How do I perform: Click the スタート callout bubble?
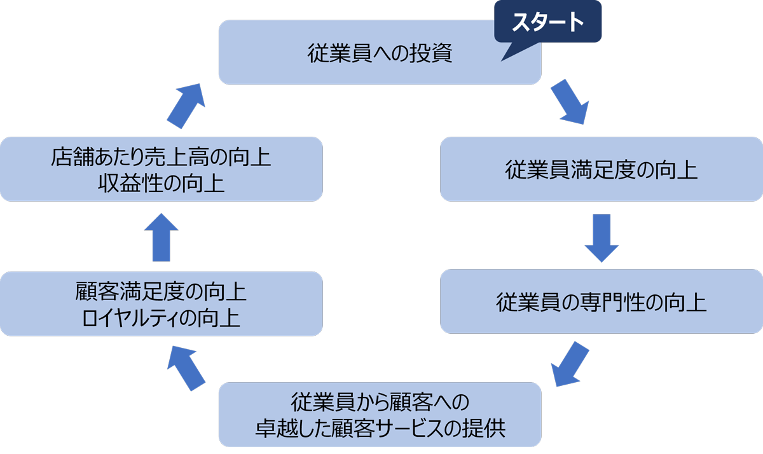(548, 23)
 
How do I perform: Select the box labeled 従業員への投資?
(380, 53)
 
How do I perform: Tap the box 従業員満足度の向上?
(601, 170)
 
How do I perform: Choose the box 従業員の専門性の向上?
(601, 302)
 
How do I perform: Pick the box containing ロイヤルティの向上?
(161, 304)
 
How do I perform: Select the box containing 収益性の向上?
(161, 170)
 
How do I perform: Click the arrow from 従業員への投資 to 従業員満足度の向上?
(567, 101)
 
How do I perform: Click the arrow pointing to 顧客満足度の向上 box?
(186, 368)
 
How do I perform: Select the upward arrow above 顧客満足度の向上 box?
(162, 237)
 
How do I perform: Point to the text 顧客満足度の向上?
(161, 293)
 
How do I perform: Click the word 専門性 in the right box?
(614, 302)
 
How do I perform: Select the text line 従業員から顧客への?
(380, 402)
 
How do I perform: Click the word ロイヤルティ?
(136, 316)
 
